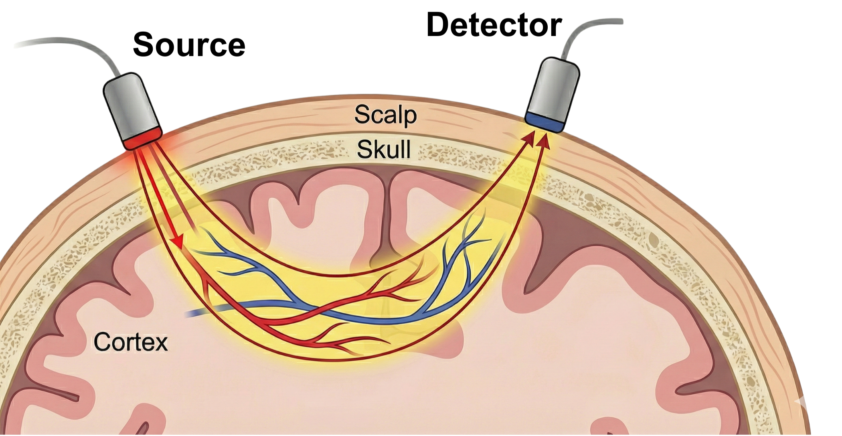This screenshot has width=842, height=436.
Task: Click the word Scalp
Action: point(385,116)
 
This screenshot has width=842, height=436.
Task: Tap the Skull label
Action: point(384,150)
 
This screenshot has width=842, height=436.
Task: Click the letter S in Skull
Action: point(363,150)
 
